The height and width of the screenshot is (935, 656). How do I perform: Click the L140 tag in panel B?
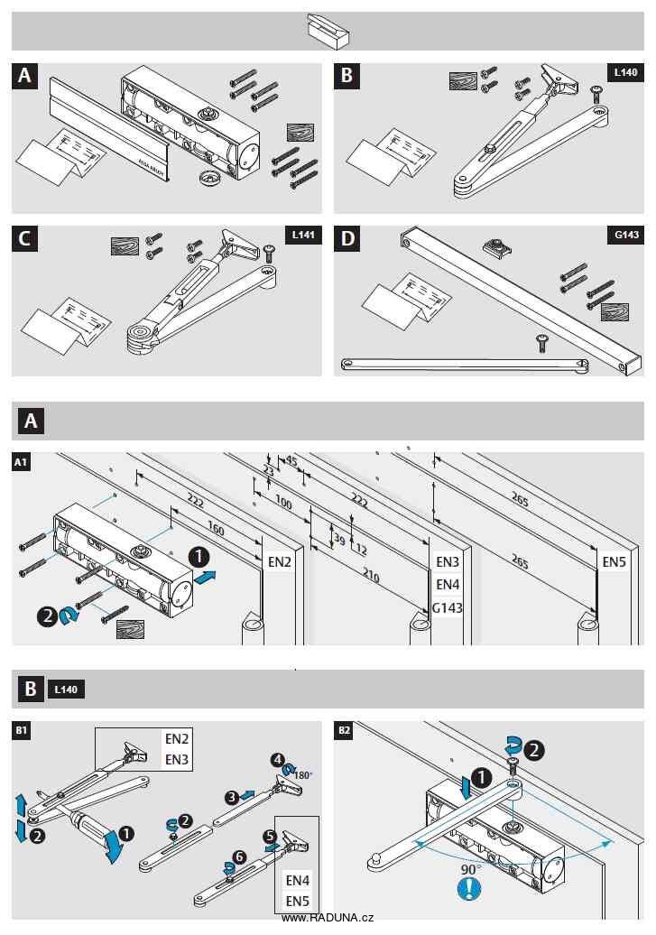tap(626, 71)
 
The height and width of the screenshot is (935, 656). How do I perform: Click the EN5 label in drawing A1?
tap(615, 561)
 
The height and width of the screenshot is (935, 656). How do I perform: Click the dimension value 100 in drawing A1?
tap(283, 503)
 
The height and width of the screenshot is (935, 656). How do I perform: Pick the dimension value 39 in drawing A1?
tap(338, 539)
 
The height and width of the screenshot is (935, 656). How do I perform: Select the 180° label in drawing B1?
tap(302, 774)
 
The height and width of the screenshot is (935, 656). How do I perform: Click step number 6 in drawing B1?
tap(239, 855)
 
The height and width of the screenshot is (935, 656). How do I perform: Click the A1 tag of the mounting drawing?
tap(21, 462)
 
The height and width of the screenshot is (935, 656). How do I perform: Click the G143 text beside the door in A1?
tap(448, 607)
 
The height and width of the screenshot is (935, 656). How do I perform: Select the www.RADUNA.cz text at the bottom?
tap(327, 917)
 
